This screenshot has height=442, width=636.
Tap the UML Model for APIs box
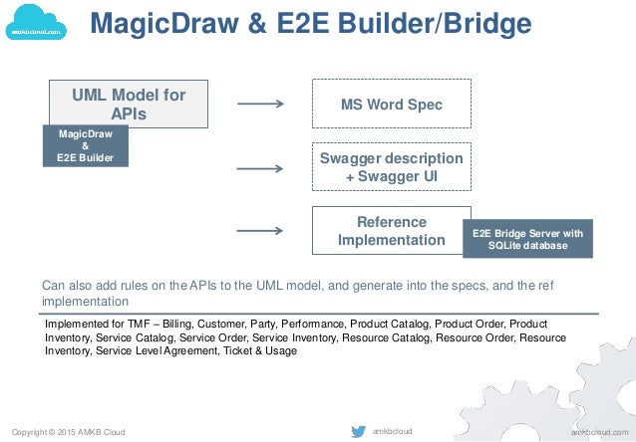(129, 105)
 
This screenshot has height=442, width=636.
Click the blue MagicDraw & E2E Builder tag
(86, 144)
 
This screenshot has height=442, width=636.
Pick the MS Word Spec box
(391, 105)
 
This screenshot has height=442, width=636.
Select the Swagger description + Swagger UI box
(391, 169)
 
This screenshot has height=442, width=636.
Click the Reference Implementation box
(391, 231)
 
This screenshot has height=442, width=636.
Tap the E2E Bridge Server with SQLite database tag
(527, 239)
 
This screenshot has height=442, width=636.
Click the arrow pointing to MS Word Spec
(260, 103)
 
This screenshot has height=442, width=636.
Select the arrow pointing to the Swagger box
(260, 168)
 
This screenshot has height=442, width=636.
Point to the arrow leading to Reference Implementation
(260, 231)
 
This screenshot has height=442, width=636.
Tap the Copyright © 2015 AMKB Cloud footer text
(68, 431)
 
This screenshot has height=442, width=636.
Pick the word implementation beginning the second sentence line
(85, 301)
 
